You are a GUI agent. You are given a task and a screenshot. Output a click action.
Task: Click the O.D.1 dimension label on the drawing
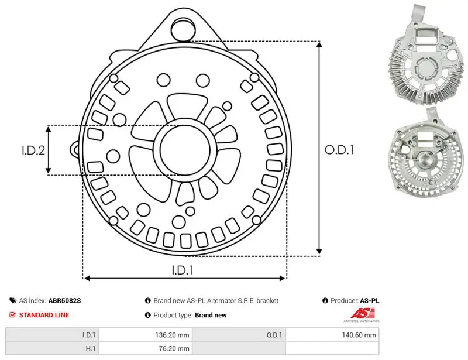339,150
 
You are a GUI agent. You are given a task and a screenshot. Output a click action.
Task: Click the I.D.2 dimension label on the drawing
33,150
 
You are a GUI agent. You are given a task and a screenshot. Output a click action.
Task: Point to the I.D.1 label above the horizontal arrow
183,270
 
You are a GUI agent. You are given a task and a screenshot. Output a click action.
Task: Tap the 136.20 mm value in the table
172,335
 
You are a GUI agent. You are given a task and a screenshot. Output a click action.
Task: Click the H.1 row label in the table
91,348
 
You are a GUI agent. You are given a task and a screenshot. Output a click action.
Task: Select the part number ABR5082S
64,300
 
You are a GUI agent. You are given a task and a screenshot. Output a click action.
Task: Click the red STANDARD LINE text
44,315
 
